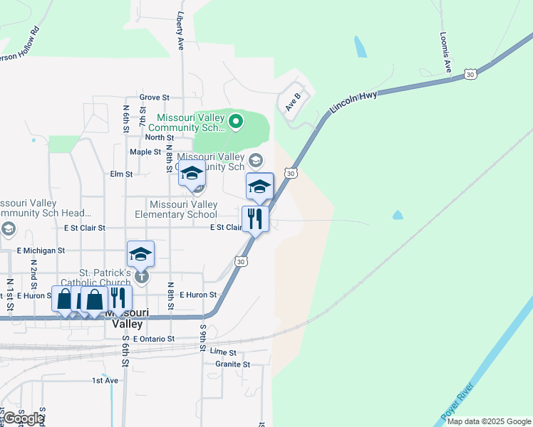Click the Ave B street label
tap(293, 101)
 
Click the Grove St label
tap(155, 97)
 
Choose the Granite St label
tap(232, 364)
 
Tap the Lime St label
tap(223, 352)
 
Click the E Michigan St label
tap(41, 251)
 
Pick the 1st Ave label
tap(105, 381)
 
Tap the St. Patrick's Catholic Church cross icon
tap(142, 276)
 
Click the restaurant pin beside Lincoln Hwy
tap(255, 218)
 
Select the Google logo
tap(23, 418)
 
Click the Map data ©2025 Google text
tap(489, 421)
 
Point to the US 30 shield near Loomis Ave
tap(470, 73)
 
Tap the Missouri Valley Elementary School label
tap(176, 209)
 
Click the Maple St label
tap(145, 152)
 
